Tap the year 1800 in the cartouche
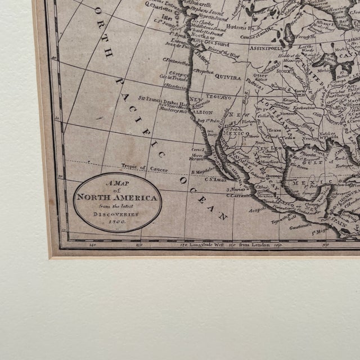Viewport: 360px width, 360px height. point(117,223)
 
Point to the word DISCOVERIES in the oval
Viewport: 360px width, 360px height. point(117,214)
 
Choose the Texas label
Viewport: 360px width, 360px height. point(274,130)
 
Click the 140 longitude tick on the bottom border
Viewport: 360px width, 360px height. point(92,245)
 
